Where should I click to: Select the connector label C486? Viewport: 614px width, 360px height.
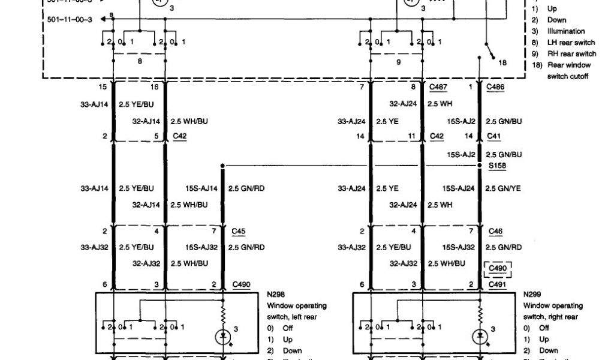pyautogui.click(x=495, y=88)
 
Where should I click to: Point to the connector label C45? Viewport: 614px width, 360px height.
pyautogui.click(x=238, y=231)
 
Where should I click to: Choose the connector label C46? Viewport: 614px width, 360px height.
pyautogui.click(x=495, y=231)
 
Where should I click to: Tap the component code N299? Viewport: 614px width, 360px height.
pyautogui.click(x=532, y=295)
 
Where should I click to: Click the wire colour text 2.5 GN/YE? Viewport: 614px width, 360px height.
pyautogui.click(x=504, y=188)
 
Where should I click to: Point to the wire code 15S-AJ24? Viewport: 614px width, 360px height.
pyautogui.click(x=459, y=188)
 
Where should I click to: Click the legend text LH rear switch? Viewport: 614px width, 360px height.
pyautogui.click(x=571, y=43)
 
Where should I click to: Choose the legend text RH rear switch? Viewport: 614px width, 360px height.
pyautogui.click(x=571, y=54)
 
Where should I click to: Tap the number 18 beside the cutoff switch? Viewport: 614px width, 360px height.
pyautogui.click(x=502, y=62)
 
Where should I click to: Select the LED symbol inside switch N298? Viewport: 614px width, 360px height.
pyautogui.click(x=223, y=336)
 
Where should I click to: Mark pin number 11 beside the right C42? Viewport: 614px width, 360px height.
pyautogui.click(x=412, y=137)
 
